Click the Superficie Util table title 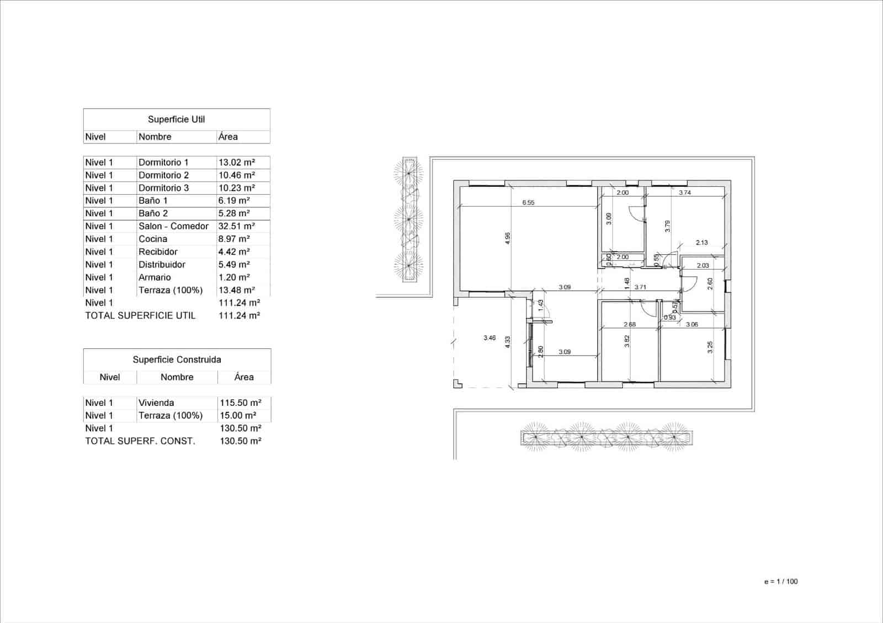click(x=176, y=119)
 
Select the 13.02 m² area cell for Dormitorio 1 click(x=236, y=162)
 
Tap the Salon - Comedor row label click(x=173, y=226)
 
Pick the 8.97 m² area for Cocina click(x=234, y=239)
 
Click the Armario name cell click(x=155, y=277)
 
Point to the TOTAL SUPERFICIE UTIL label click(x=140, y=315)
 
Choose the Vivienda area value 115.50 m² click(x=241, y=402)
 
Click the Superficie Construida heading click(x=177, y=359)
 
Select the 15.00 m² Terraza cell click(x=238, y=415)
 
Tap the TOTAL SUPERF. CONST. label click(x=140, y=441)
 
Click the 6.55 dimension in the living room click(x=528, y=202)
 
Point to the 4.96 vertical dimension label click(x=508, y=238)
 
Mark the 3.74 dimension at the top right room click(x=684, y=192)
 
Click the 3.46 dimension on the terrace click(x=489, y=337)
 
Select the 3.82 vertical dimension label click(x=626, y=342)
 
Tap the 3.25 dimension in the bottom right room click(x=710, y=347)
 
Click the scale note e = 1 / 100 click(x=781, y=581)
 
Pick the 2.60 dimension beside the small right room click(x=710, y=283)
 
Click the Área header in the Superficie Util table click(x=228, y=137)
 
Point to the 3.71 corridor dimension click(x=640, y=287)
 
